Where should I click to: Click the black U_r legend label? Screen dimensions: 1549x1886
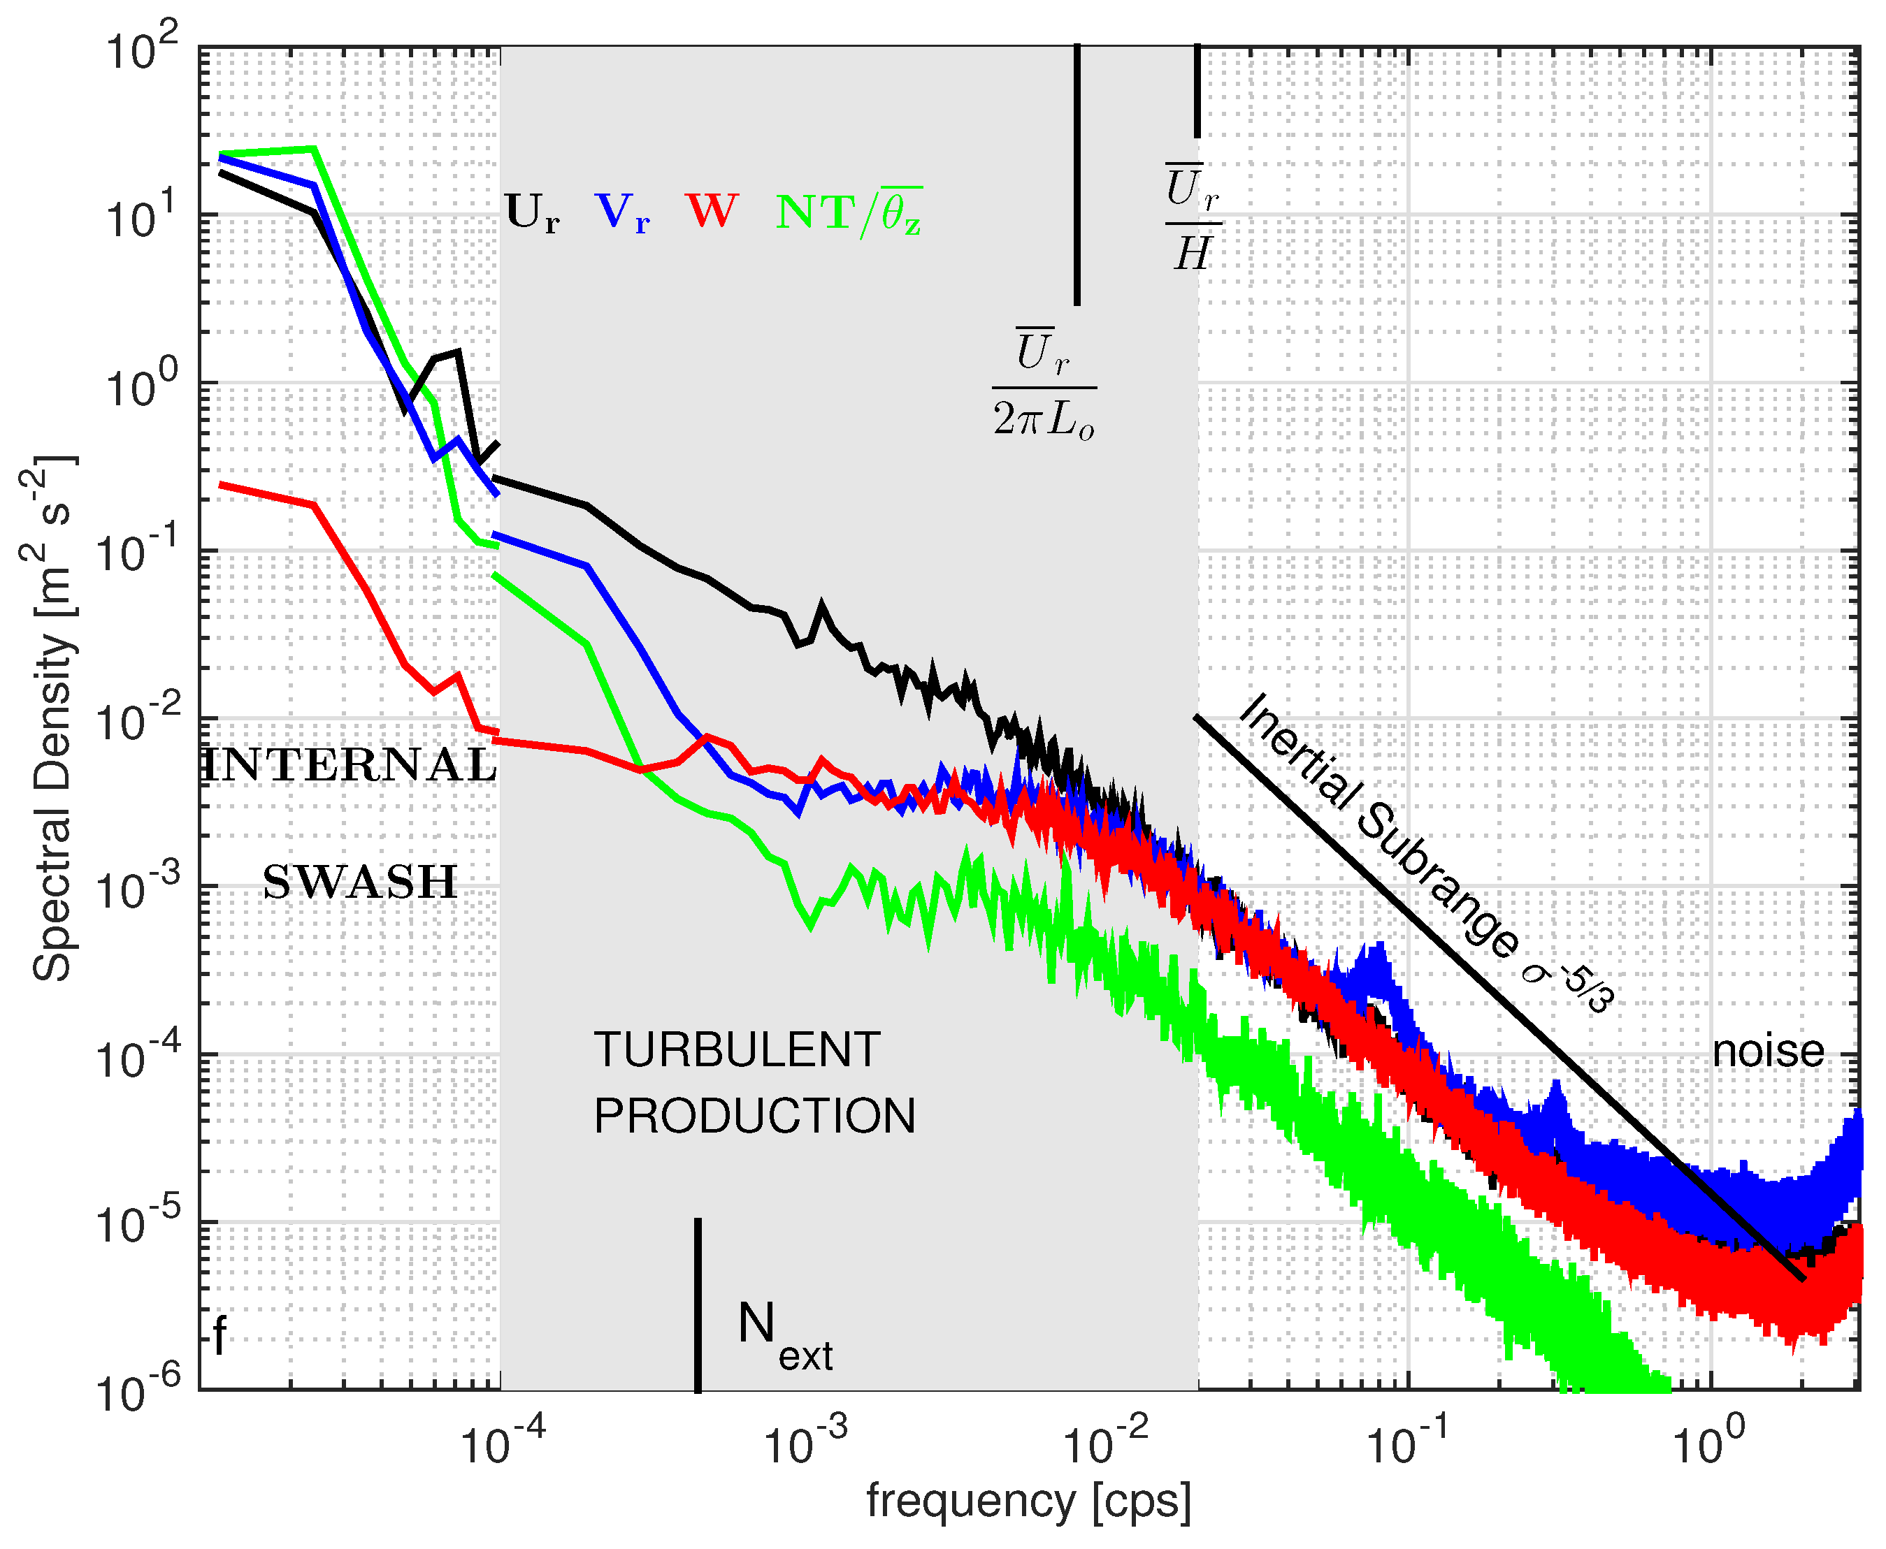tap(532, 214)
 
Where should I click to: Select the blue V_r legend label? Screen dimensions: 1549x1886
tap(622, 214)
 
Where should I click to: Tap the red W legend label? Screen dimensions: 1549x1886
tap(712, 212)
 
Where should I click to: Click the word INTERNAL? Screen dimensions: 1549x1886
tap(350, 766)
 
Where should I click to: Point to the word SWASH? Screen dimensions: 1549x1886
tap(360, 883)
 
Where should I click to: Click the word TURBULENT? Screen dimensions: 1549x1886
tap(737, 1049)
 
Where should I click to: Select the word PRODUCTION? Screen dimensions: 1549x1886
tap(754, 1117)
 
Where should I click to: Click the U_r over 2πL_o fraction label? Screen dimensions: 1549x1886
tap(1044, 386)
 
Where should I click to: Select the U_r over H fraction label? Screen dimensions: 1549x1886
tap(1193, 219)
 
